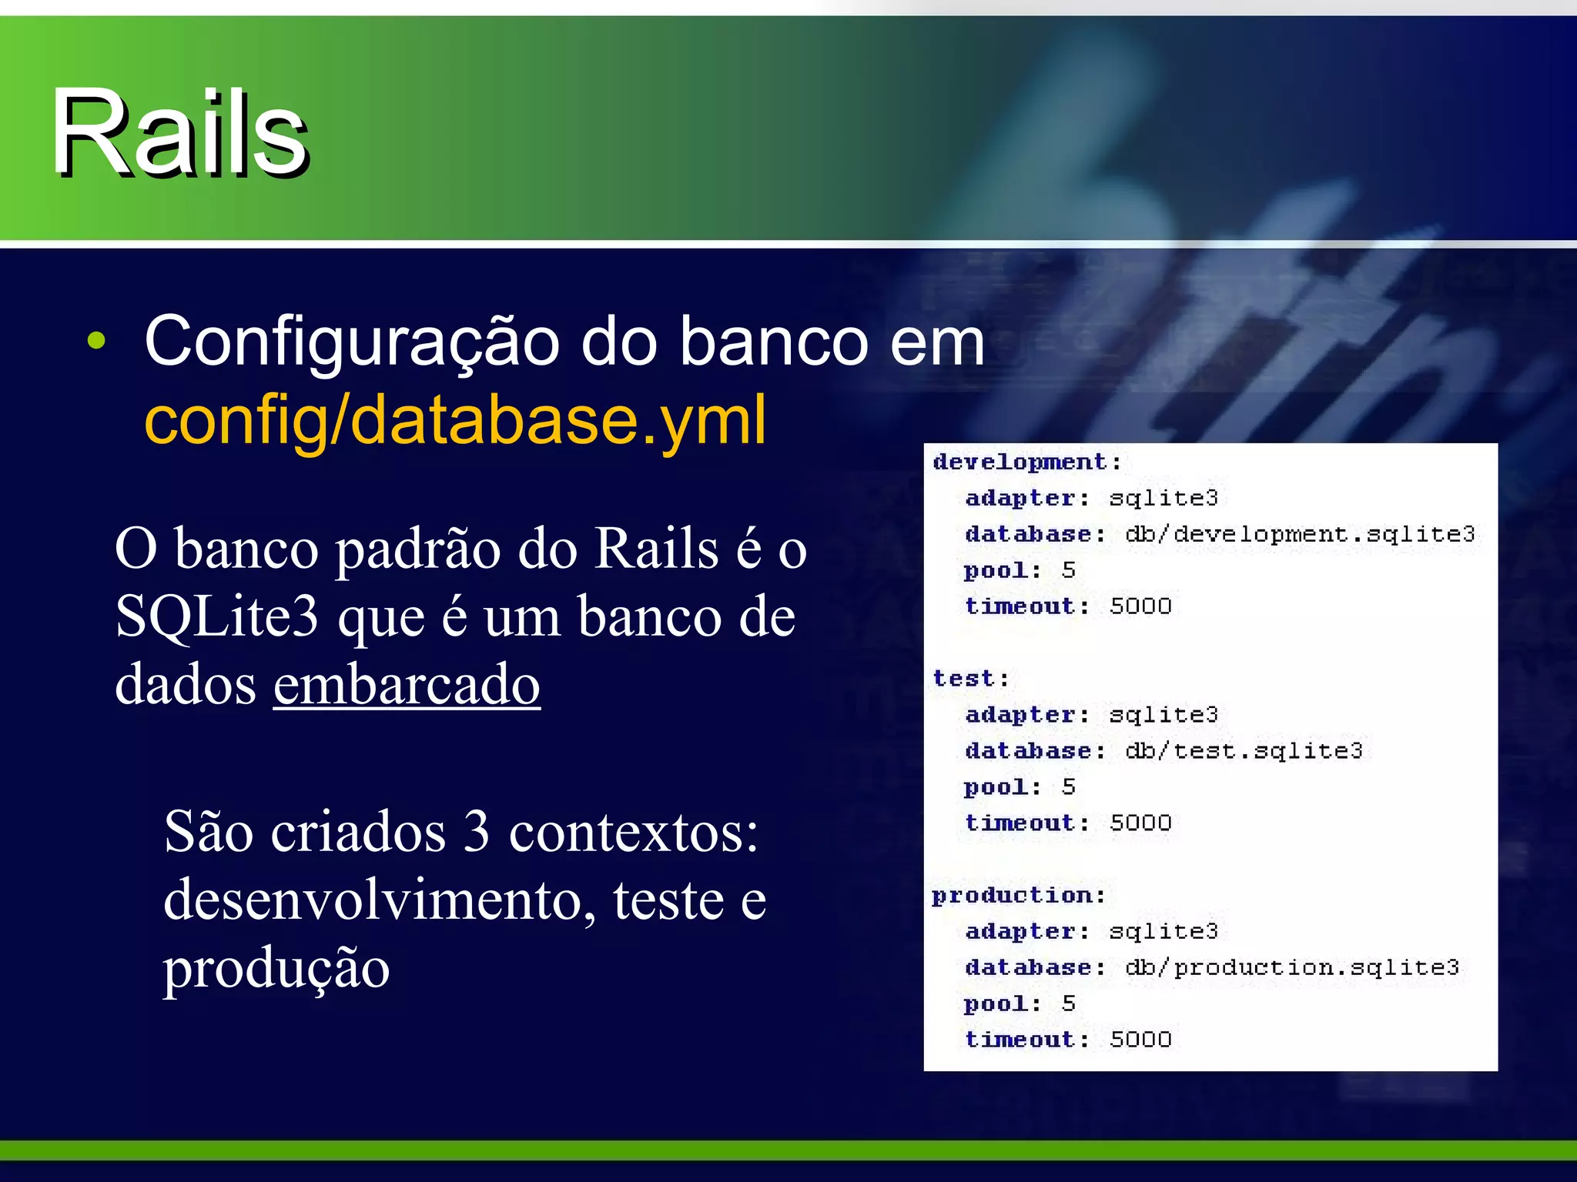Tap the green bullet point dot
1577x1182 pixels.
pyautogui.click(x=96, y=340)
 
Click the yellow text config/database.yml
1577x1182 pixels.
pyautogui.click(x=455, y=419)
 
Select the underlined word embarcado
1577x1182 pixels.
pyautogui.click(x=407, y=684)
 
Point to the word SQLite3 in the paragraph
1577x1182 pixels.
pyautogui.click(x=216, y=617)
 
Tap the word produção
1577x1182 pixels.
pyautogui.click(x=276, y=967)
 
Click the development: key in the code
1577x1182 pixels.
pyautogui.click(x=1026, y=462)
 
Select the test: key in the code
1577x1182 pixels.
pyautogui.click(x=970, y=678)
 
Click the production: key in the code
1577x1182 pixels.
pyautogui.click(x=1019, y=895)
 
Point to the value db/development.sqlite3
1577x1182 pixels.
pyautogui.click(x=1300, y=534)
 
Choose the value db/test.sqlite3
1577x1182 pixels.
pyautogui.click(x=1244, y=750)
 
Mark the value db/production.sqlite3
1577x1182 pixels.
pyautogui.click(x=1292, y=967)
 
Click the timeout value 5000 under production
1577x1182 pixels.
pyautogui.click(x=1140, y=1039)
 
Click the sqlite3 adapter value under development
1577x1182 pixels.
pyautogui.click(x=1163, y=498)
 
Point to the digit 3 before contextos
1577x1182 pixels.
pyautogui.click(x=477, y=833)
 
